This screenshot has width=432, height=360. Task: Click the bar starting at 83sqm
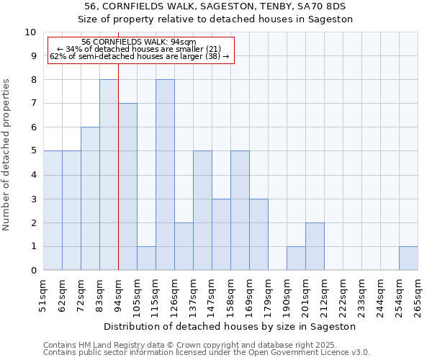coord(109,175)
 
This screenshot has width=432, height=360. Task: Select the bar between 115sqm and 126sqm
coord(165,175)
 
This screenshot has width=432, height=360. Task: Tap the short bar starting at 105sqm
coord(146,258)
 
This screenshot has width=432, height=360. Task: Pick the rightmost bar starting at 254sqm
coord(408,258)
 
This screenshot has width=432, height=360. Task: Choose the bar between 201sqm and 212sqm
coord(315,246)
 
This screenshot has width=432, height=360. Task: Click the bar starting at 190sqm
coord(296,258)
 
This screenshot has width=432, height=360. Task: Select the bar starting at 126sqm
coord(184,246)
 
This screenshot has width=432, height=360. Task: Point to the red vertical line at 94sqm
coord(118,180)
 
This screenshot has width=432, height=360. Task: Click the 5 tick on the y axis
coord(33,151)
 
